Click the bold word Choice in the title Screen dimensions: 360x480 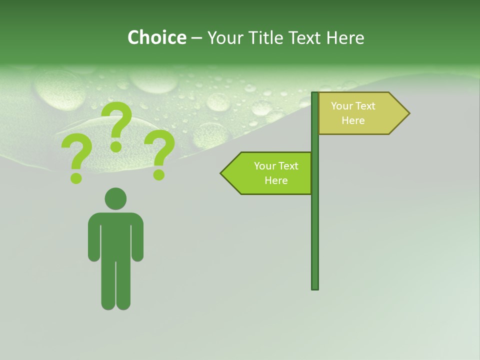pos(156,37)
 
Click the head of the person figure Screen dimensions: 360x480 pos(115,198)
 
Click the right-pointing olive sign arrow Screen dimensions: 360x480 pos(360,113)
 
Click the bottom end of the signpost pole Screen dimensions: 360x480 pos(315,287)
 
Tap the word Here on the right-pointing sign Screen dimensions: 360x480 pos(353,120)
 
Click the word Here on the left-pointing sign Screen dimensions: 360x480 pos(276,180)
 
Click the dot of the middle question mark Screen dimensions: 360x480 pos(116,146)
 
